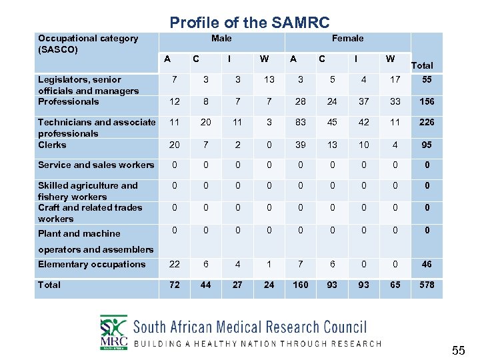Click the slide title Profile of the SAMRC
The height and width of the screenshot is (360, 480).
point(249,23)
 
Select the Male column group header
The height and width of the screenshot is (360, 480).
point(221,39)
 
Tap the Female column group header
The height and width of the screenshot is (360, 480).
point(347,39)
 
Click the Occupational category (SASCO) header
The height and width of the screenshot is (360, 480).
point(88,44)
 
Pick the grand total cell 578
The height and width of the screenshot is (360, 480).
point(427,285)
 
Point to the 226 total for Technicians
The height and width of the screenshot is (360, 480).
point(427,122)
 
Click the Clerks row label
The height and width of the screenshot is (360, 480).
point(52,145)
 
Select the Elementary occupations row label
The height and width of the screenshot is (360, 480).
point(91,264)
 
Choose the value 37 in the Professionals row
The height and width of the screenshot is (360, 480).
point(363,101)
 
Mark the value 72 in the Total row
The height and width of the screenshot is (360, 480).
point(174,285)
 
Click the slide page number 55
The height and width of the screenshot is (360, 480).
point(458,350)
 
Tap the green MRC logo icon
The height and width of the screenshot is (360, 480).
point(113,331)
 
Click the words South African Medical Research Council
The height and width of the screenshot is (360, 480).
point(250,327)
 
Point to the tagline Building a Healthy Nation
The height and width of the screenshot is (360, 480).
point(257,344)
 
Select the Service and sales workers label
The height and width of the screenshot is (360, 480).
point(96,165)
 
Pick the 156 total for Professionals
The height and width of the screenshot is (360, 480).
point(427,101)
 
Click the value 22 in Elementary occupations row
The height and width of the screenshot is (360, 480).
point(174,264)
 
